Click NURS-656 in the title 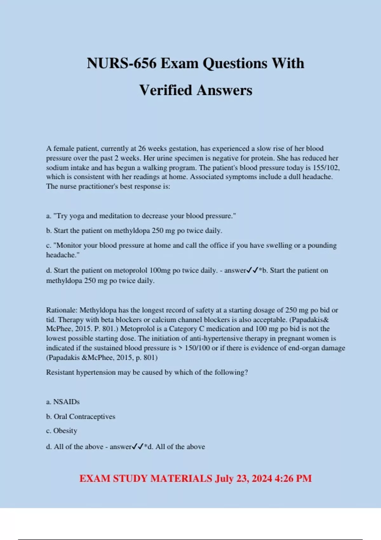(x=122, y=63)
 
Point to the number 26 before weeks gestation (x=142, y=149)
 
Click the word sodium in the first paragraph (x=57, y=167)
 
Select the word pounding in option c (x=322, y=245)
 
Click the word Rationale (x=62, y=310)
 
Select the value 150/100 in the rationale (x=197, y=348)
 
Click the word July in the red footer (x=225, y=478)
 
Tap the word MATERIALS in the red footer (x=181, y=478)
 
